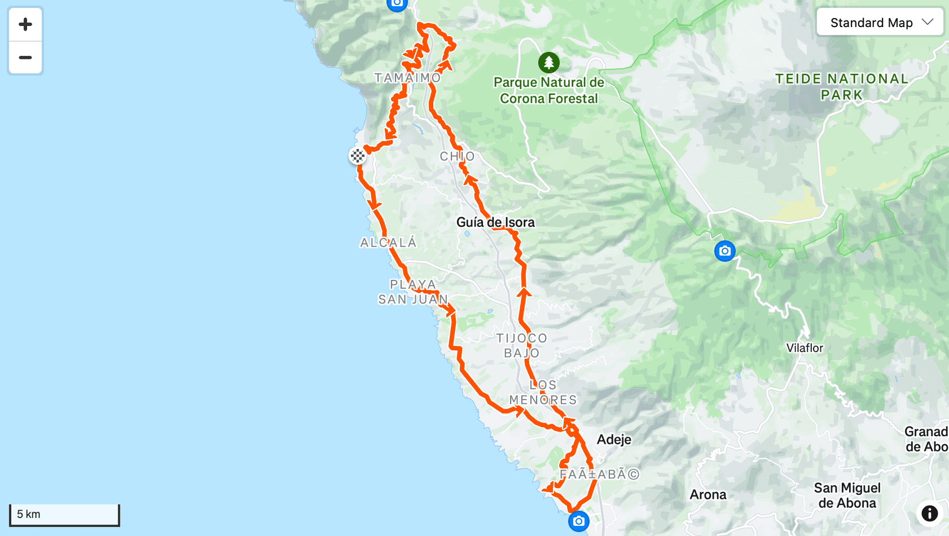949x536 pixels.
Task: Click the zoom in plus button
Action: click(25, 24)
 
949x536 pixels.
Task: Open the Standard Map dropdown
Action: click(880, 23)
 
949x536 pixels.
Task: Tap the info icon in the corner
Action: click(929, 513)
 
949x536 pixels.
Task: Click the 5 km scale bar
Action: click(64, 515)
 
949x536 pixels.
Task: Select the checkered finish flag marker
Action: click(357, 156)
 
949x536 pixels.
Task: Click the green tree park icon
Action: click(548, 63)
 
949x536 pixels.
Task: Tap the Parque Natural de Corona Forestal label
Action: click(548, 90)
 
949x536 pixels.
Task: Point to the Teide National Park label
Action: click(842, 86)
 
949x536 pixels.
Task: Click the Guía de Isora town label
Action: click(495, 222)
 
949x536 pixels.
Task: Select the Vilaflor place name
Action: click(805, 348)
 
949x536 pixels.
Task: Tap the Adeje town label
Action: click(614, 440)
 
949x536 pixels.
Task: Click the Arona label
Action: click(708, 495)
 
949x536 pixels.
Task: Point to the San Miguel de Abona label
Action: click(847, 495)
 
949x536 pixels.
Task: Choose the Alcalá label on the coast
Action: click(388, 243)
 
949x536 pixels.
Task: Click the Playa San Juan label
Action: click(413, 292)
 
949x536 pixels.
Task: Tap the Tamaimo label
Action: click(407, 78)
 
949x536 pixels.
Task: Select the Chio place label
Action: click(457, 156)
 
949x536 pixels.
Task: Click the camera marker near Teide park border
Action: click(724, 251)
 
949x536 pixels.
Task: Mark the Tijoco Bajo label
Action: click(522, 345)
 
